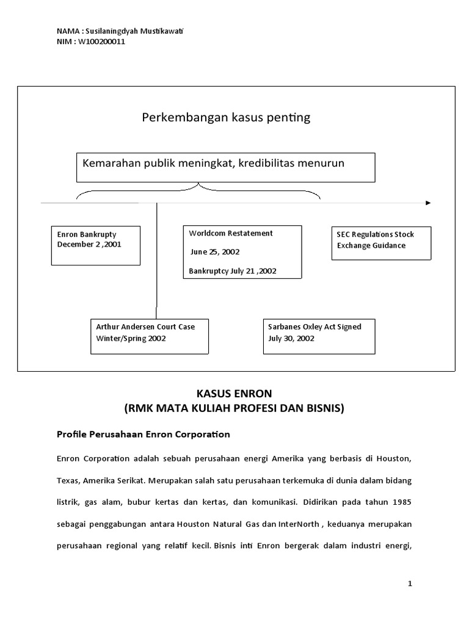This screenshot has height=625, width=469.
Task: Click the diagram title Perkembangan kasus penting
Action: point(226,118)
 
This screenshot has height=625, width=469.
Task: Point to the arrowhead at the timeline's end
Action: point(428,203)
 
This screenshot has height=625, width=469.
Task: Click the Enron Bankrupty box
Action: point(96,245)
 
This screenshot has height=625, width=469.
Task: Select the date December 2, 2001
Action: point(89,244)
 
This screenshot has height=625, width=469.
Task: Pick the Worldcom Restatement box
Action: point(242,252)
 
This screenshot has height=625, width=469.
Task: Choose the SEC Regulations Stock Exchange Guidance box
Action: point(382,243)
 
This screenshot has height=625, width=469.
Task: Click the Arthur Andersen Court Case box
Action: point(150,336)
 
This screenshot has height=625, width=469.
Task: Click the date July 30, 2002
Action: point(291,338)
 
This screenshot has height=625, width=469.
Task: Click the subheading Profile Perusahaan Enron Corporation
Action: point(144,435)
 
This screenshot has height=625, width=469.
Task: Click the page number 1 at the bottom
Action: point(410,584)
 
